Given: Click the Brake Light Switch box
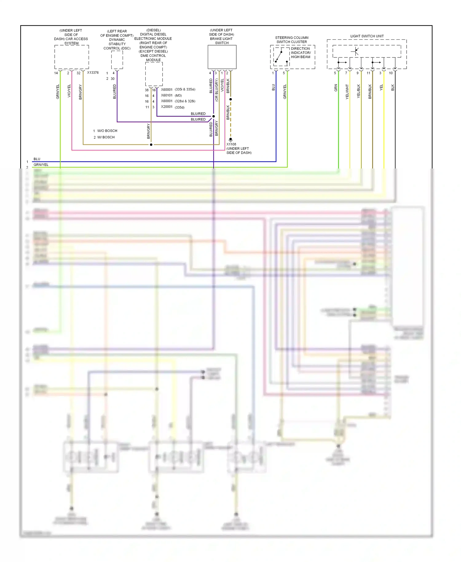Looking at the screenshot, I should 222,57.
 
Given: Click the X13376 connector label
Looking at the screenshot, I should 93,73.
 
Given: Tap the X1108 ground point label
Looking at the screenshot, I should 231,144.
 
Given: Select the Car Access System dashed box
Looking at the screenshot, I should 72,57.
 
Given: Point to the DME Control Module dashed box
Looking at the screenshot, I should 154,74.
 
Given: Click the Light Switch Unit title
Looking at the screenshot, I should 367,36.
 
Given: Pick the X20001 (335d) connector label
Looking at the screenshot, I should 172,107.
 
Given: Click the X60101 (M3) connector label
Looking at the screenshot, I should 171,95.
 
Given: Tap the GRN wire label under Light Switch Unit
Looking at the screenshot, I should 336,88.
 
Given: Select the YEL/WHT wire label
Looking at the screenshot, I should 347,91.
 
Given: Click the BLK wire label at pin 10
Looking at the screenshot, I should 392,88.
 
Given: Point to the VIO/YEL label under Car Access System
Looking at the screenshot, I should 69,91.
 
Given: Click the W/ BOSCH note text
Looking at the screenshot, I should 106,137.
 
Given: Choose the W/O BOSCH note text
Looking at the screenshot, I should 107,131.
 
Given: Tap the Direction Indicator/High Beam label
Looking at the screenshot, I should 301,53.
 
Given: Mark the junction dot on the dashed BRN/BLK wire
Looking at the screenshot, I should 230,99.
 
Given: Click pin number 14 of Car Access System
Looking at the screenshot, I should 56,73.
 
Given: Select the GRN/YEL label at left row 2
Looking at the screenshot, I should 41,164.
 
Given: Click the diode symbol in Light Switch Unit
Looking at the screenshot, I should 356,51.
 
